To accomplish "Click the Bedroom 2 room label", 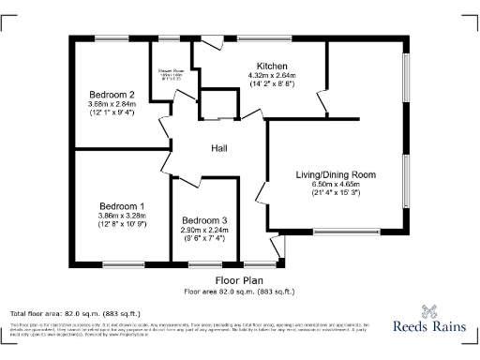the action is pos(112,95).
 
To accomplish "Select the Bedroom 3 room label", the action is pos(203,220).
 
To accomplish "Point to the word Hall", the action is pos(218,148).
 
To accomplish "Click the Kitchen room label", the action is pos(272,66).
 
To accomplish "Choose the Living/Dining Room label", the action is pos(336,174).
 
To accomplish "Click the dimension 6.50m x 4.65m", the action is pos(336,185).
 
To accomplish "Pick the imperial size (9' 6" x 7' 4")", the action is pos(203,239).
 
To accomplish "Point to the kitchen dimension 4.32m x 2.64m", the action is pos(272,75).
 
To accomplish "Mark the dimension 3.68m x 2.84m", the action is pos(112,105).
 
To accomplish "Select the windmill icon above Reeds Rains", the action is pos(431,312).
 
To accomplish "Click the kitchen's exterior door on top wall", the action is pos(212,42).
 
